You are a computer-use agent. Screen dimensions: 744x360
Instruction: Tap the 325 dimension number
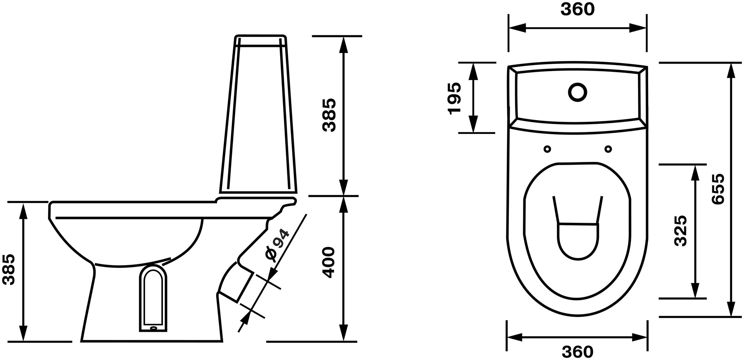[x=680, y=231]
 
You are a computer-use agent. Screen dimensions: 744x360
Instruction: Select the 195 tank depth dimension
[x=454, y=98]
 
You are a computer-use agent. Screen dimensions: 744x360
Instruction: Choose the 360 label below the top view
[x=578, y=352]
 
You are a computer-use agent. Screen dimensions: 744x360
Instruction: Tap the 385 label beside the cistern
[x=329, y=115]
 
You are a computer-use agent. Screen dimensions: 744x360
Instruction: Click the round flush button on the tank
[x=577, y=92]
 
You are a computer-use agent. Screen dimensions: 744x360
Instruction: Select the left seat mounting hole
[x=547, y=149]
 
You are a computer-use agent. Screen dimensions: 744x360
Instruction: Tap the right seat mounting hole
[x=608, y=149]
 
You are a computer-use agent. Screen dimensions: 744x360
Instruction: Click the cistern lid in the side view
[x=261, y=40]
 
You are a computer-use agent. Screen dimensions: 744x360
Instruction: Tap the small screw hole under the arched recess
[x=153, y=328]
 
